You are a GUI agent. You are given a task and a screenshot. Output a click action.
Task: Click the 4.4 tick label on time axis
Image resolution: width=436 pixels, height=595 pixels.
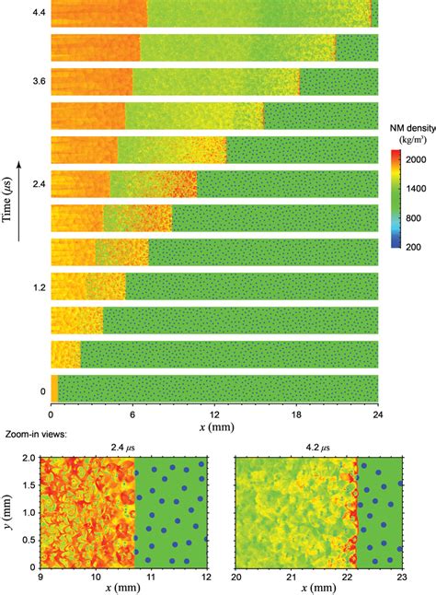[38, 14]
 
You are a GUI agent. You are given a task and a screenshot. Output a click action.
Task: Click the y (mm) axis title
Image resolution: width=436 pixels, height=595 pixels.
[8, 512]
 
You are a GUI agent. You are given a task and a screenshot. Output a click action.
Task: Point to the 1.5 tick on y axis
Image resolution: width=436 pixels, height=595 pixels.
[28, 484]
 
